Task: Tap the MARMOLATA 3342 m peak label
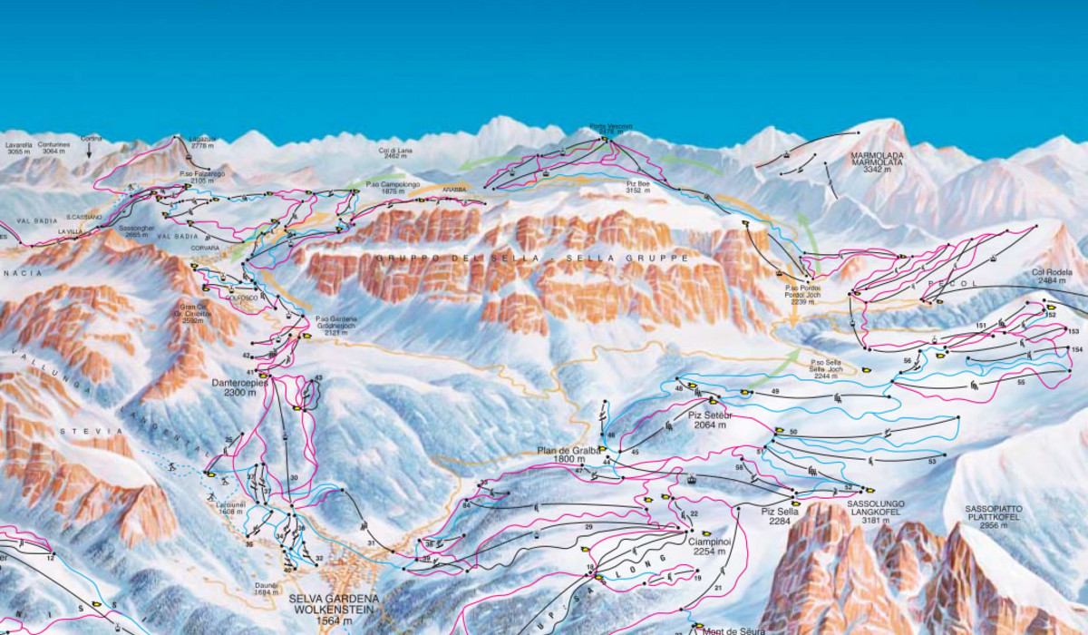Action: coord(877,162)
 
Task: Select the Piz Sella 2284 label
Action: coord(779,515)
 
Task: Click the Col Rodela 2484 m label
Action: coord(1053,277)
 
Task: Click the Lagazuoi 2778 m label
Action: coord(201,142)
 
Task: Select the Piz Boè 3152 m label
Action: coord(640,187)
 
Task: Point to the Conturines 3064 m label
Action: coord(53,148)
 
